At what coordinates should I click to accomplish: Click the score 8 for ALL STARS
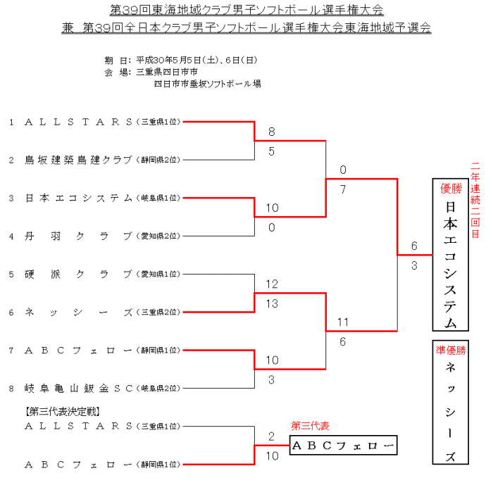271,132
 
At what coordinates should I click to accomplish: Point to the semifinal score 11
343,322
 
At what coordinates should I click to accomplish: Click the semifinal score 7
343,189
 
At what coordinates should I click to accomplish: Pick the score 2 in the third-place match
271,436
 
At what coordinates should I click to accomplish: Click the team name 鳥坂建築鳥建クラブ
78,160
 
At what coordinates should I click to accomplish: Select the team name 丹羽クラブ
78,236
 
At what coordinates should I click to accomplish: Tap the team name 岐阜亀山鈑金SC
78,388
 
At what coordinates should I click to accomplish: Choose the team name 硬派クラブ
78,274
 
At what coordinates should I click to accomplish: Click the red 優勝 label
451,189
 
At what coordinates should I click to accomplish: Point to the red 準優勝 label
451,350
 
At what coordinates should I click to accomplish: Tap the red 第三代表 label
310,426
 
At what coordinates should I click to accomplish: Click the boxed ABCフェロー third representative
344,446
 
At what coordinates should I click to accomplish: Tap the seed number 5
11,274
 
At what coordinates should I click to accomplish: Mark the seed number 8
11,388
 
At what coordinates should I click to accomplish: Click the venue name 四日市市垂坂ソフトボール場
207,84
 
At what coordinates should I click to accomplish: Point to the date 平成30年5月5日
169,61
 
